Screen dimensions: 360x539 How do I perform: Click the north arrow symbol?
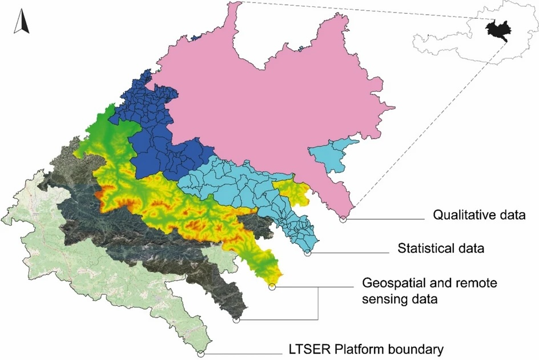point(21,22)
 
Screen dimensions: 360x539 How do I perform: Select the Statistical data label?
point(440,249)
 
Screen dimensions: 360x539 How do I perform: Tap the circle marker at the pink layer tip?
point(343,219)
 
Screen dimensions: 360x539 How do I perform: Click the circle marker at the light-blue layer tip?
point(308,253)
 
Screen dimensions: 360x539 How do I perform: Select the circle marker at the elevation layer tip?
point(272,287)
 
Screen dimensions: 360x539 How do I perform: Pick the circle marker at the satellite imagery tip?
point(236,321)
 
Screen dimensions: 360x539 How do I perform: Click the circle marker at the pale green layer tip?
point(200,354)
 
